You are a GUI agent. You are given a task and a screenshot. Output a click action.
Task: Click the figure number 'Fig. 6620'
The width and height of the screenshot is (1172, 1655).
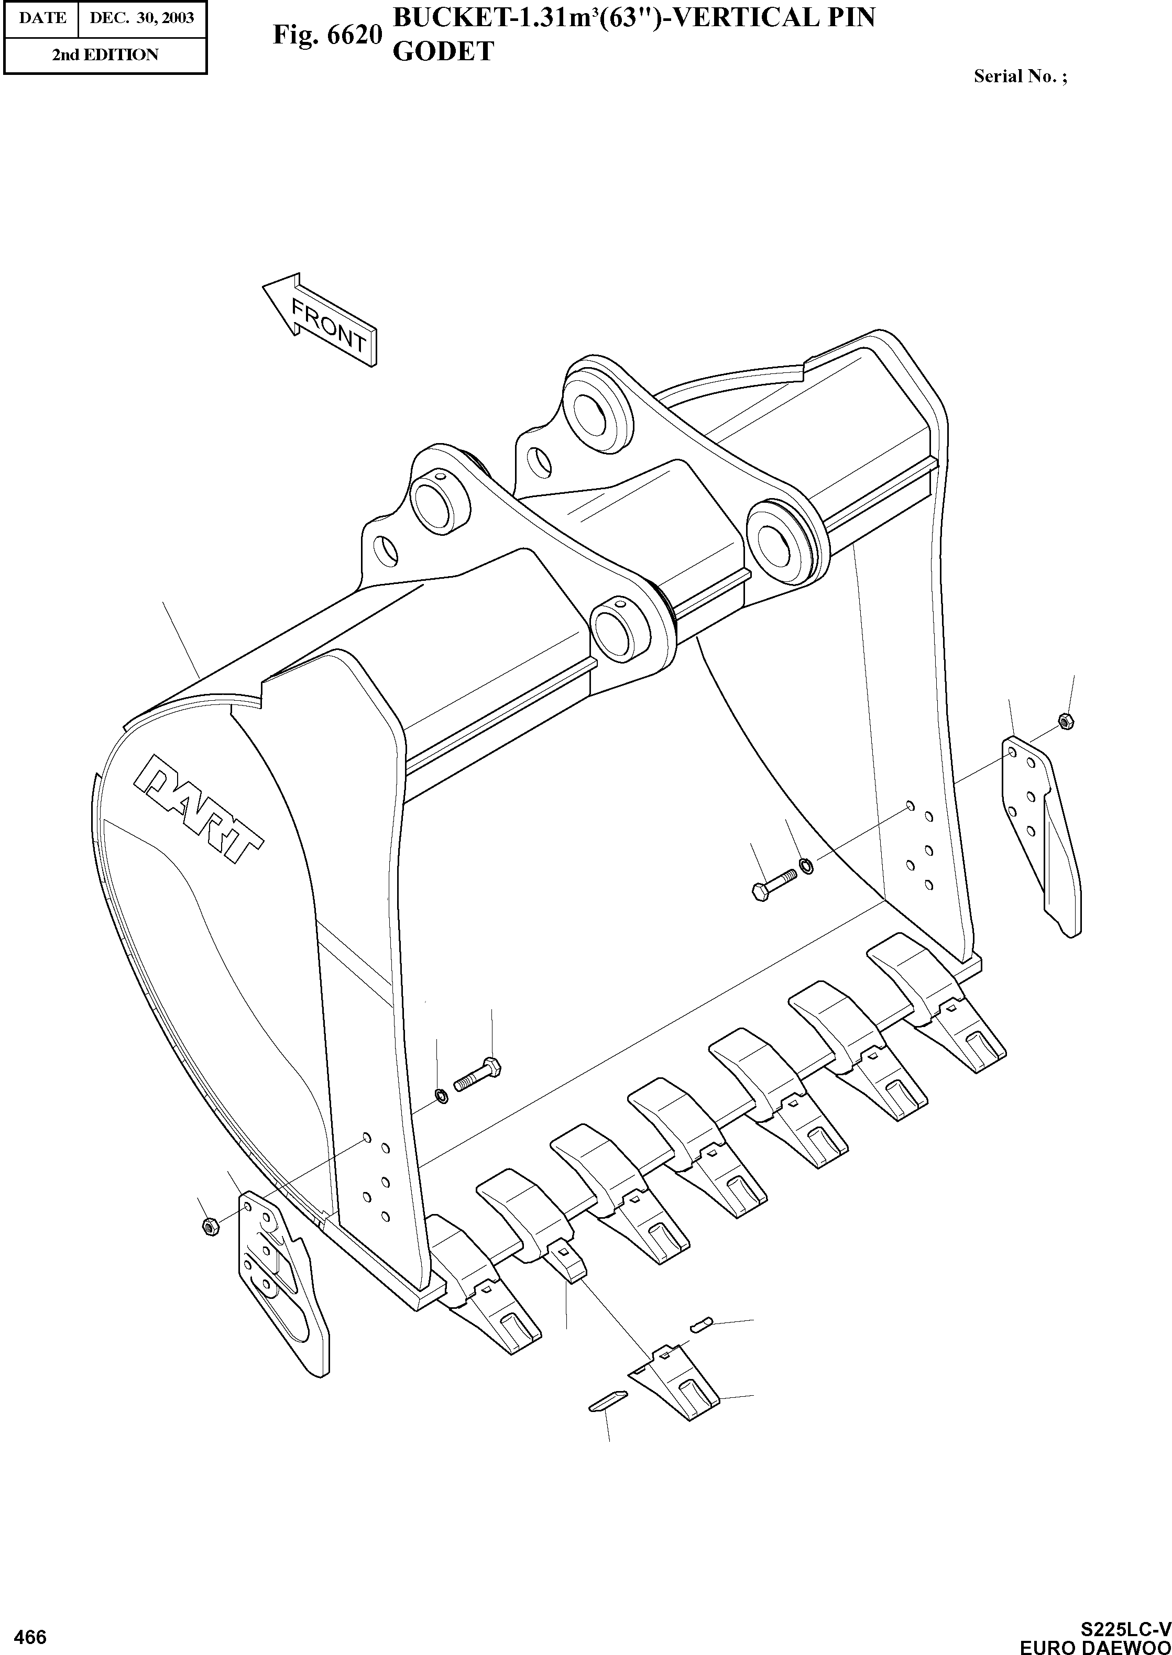326,34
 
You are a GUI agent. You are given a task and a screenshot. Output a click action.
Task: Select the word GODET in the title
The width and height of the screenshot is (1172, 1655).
442,51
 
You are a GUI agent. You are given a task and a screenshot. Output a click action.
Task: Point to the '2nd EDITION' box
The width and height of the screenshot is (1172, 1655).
105,55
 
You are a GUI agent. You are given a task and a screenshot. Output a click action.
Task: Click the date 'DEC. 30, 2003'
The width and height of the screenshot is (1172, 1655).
141,17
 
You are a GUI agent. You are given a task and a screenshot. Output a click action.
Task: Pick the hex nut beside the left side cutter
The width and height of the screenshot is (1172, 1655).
210,1225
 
